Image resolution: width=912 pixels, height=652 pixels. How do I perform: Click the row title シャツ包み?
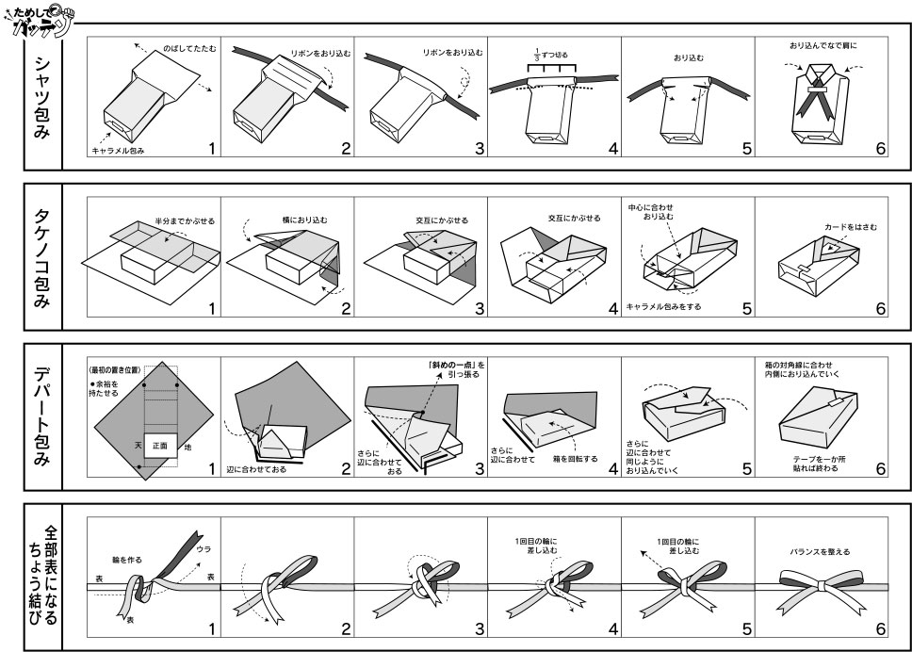tap(42, 95)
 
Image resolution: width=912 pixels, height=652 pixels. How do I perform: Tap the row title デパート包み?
tap(42, 416)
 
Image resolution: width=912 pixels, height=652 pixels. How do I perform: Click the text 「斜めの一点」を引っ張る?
tap(455, 369)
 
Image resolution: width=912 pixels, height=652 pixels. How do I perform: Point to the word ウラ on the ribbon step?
tap(204, 548)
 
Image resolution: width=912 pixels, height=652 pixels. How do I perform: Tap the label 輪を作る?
tap(126, 560)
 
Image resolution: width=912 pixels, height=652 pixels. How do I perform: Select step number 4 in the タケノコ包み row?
tap(612, 308)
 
